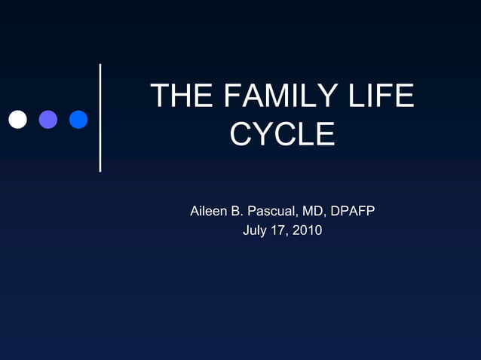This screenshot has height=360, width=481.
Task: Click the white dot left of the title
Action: point(17,119)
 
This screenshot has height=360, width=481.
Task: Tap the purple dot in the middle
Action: point(48,119)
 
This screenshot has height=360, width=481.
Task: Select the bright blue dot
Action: point(78,119)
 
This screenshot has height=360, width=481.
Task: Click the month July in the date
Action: point(256,230)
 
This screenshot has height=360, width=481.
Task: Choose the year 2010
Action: point(308,230)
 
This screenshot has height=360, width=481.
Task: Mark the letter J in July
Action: point(246,230)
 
